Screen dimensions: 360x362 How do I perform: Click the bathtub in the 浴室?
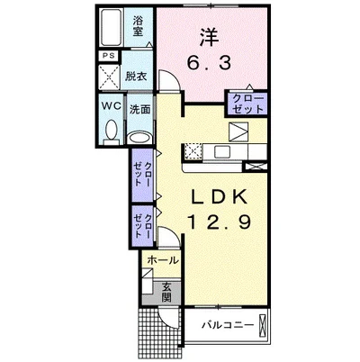coord(111,27)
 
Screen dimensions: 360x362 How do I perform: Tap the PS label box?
coord(109,56)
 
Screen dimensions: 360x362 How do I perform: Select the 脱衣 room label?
coord(136,77)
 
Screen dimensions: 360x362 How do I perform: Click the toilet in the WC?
coord(112,131)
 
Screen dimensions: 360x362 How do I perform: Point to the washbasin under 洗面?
coord(138,138)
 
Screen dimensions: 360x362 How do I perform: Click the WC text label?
coord(111,105)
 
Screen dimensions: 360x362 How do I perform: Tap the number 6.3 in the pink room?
coord(210,63)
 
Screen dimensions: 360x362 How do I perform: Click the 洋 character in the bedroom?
coord(210,37)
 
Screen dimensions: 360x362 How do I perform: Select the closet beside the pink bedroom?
coord(247,104)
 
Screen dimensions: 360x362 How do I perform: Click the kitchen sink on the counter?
coord(222,151)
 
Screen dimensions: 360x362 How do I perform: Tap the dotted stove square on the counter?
coord(193,151)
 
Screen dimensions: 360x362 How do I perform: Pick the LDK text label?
coord(220,196)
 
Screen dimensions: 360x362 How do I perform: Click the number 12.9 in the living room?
coord(219,222)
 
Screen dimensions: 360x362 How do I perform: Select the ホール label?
coord(163,260)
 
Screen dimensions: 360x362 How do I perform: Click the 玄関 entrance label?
coord(166,292)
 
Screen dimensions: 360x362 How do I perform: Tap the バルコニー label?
coord(228,325)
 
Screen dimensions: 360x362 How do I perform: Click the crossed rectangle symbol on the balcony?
coord(262,324)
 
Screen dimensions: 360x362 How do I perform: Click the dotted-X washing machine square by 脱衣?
coord(110,77)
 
